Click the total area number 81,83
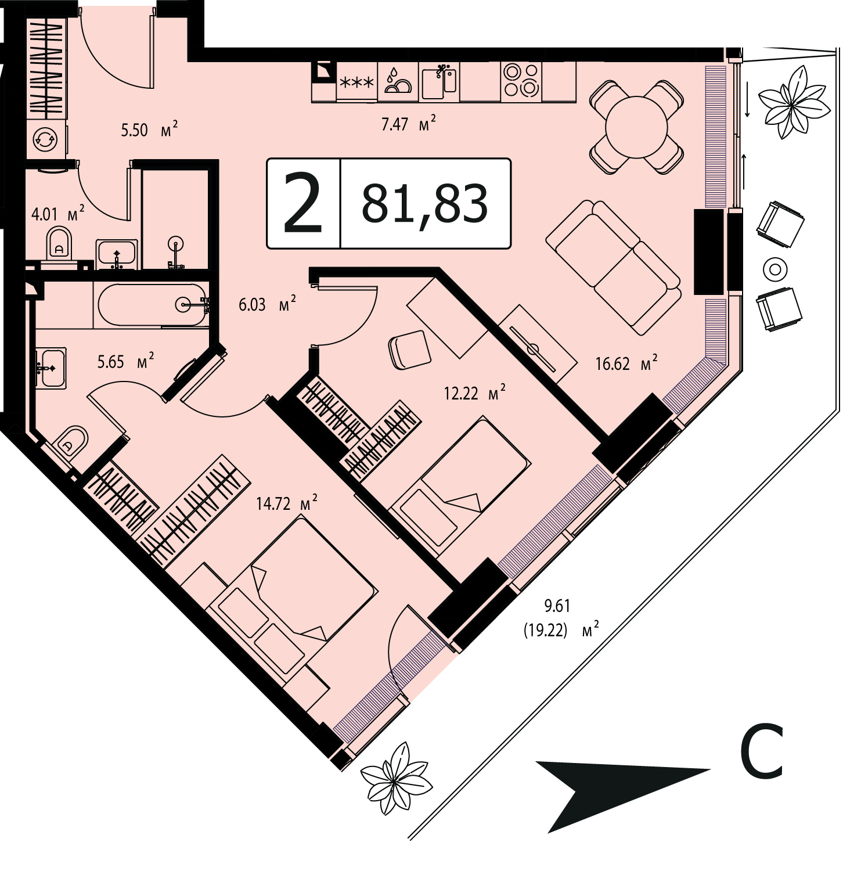[x=424, y=203]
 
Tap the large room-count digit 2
[x=302, y=204]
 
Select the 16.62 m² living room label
[x=626, y=363]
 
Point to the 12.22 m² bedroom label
[x=474, y=393]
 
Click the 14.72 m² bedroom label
[x=287, y=503]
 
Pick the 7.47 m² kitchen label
[x=409, y=124]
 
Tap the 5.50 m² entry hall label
[x=149, y=129]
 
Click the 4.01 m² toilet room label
[x=58, y=214]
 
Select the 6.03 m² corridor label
[x=268, y=304]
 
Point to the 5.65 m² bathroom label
[x=125, y=362]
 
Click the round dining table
[x=636, y=126]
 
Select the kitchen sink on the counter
[x=439, y=81]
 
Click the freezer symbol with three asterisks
[x=356, y=82]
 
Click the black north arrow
[x=622, y=796]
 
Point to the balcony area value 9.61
[x=557, y=606]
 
